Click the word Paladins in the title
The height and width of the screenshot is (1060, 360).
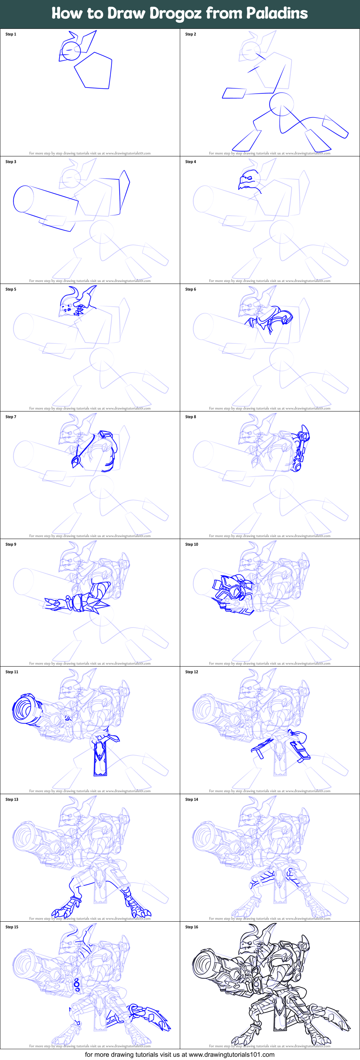tap(277, 13)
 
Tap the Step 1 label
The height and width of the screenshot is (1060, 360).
tap(11, 34)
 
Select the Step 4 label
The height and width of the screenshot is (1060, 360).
tap(191, 162)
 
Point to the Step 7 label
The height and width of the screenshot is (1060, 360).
tap(11, 417)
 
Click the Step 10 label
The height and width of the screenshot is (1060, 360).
tap(191, 544)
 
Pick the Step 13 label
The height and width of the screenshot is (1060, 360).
tap(12, 800)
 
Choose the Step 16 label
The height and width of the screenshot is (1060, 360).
tap(191, 927)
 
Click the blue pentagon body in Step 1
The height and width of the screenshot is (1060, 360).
tap(94, 71)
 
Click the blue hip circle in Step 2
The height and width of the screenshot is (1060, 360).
tap(281, 104)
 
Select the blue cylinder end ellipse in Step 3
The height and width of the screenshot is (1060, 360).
tap(23, 199)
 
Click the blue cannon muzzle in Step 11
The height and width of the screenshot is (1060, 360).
tap(25, 709)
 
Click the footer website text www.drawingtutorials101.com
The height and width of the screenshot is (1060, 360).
tap(231, 1055)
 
